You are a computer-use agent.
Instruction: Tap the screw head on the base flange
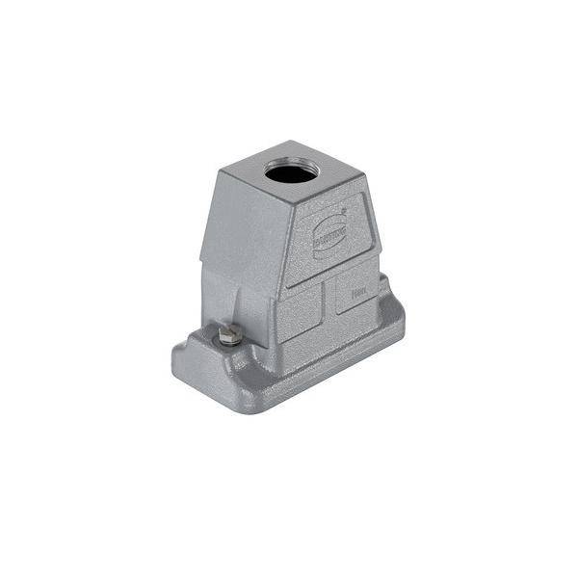(x=229, y=335)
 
